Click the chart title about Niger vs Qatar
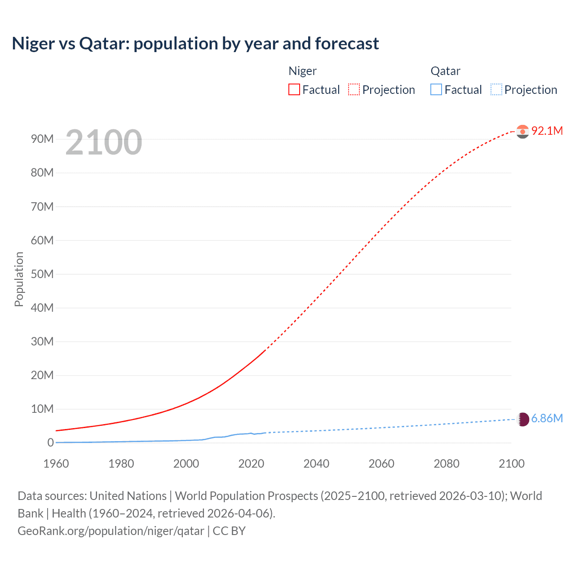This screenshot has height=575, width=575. pyautogui.click(x=195, y=44)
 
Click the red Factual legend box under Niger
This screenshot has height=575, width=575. pyautogui.click(x=294, y=89)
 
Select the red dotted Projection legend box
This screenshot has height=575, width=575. pyautogui.click(x=354, y=89)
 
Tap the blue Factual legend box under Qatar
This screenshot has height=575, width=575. pyautogui.click(x=436, y=89)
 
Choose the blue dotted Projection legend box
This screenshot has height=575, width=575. pyautogui.click(x=496, y=89)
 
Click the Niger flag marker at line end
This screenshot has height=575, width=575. pyautogui.click(x=522, y=131)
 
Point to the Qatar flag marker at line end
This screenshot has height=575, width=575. pyautogui.click(x=522, y=419)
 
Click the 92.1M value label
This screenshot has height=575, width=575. pyautogui.click(x=547, y=131)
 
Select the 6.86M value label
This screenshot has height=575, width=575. pyautogui.click(x=547, y=419)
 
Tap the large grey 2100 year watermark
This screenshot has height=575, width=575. pyautogui.click(x=104, y=142)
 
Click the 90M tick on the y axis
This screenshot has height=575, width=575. pyautogui.click(x=42, y=139)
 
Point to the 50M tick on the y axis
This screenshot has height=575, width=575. pyautogui.click(x=42, y=274)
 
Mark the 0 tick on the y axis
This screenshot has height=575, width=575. pyautogui.click(x=50, y=442)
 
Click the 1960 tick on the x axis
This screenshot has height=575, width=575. pyautogui.click(x=56, y=464)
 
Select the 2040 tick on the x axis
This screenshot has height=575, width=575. pyautogui.click(x=316, y=464)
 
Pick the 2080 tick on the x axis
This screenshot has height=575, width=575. pyautogui.click(x=447, y=464)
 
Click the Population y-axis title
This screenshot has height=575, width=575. pyautogui.click(x=19, y=279)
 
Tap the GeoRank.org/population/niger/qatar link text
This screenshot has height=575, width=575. pyautogui.click(x=111, y=531)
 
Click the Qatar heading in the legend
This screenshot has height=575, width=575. pyautogui.click(x=445, y=71)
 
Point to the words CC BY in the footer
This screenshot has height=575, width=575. pyautogui.click(x=229, y=531)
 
